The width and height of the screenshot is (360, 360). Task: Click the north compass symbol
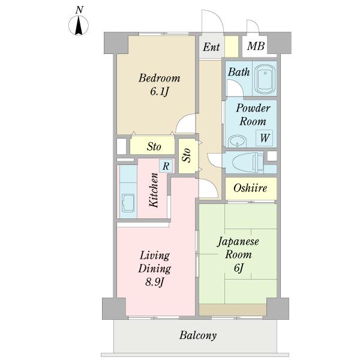click(x=79, y=25)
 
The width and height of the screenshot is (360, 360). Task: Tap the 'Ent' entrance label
click(x=211, y=47)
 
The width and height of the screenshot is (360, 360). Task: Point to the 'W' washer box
click(x=264, y=137)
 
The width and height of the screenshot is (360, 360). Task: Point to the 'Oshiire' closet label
click(x=251, y=189)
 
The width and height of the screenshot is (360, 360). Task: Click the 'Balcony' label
click(x=197, y=335)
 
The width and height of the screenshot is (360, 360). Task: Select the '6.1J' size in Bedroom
click(x=159, y=92)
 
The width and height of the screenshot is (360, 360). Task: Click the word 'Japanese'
click(x=238, y=242)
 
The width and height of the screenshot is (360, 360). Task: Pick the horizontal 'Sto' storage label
click(x=154, y=146)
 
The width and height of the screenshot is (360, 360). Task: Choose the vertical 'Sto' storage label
click(x=187, y=156)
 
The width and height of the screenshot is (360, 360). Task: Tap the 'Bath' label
click(x=238, y=72)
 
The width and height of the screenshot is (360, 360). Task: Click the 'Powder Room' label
click(x=253, y=114)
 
